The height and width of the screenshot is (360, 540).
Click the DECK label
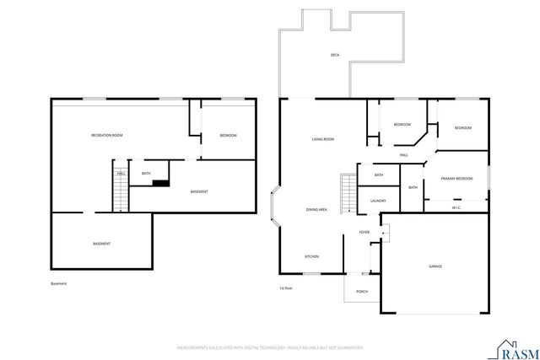pyautogui.click(x=334, y=56)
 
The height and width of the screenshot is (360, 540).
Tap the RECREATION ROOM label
pyautogui.click(x=107, y=136)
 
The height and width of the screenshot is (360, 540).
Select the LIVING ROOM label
pyautogui.click(x=322, y=139)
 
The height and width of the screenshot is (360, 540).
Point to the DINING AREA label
pyautogui.click(x=316, y=209)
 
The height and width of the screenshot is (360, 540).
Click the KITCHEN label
pyautogui.click(x=311, y=256)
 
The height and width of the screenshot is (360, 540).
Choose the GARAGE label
pyautogui.click(x=435, y=266)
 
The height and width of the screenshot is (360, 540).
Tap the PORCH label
pyautogui.click(x=362, y=292)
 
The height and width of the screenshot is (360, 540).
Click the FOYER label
pyautogui.click(x=364, y=232)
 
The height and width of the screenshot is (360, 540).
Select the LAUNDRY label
pyautogui.click(x=378, y=201)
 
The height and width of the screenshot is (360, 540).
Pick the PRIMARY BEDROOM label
pyautogui.click(x=456, y=179)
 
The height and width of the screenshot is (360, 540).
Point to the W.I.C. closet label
pyautogui.click(x=456, y=207)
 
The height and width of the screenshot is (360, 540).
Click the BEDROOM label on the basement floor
pyautogui.click(x=228, y=136)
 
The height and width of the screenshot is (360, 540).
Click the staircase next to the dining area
pyautogui.click(x=345, y=195)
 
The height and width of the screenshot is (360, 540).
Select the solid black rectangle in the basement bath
pyautogui.click(x=161, y=181)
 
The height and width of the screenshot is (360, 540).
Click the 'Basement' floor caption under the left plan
pyautogui.click(x=58, y=283)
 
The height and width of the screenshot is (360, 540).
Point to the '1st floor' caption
pyautogui.click(x=286, y=288)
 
